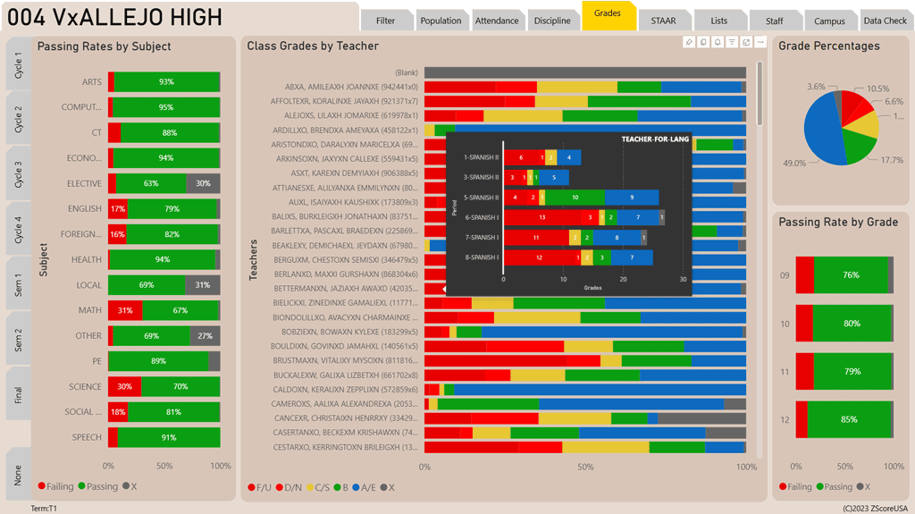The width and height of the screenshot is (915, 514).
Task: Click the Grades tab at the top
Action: click(608, 14)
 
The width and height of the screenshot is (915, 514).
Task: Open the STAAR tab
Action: click(663, 21)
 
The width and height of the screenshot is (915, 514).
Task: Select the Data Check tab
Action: click(885, 21)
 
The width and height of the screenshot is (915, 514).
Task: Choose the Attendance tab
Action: click(496, 21)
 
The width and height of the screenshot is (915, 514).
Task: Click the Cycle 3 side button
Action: click(19, 172)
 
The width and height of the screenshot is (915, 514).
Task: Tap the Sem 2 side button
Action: click(19, 338)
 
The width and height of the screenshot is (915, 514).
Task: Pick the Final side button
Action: click(19, 393)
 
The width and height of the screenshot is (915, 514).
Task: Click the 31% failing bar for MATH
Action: click(124, 310)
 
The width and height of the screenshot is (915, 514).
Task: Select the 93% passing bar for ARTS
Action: click(166, 81)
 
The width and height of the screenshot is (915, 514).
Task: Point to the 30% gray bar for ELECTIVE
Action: click(203, 183)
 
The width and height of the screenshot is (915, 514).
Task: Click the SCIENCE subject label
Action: click(86, 387)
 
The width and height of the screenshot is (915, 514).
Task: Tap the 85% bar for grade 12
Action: click(850, 419)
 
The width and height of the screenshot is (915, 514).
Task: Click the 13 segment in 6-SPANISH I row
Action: click(542, 217)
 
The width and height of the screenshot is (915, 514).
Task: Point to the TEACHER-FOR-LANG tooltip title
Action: click(655, 139)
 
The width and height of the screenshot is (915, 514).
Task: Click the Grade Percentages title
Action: click(828, 46)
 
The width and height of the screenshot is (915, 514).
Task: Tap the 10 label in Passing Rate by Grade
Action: click(785, 324)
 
